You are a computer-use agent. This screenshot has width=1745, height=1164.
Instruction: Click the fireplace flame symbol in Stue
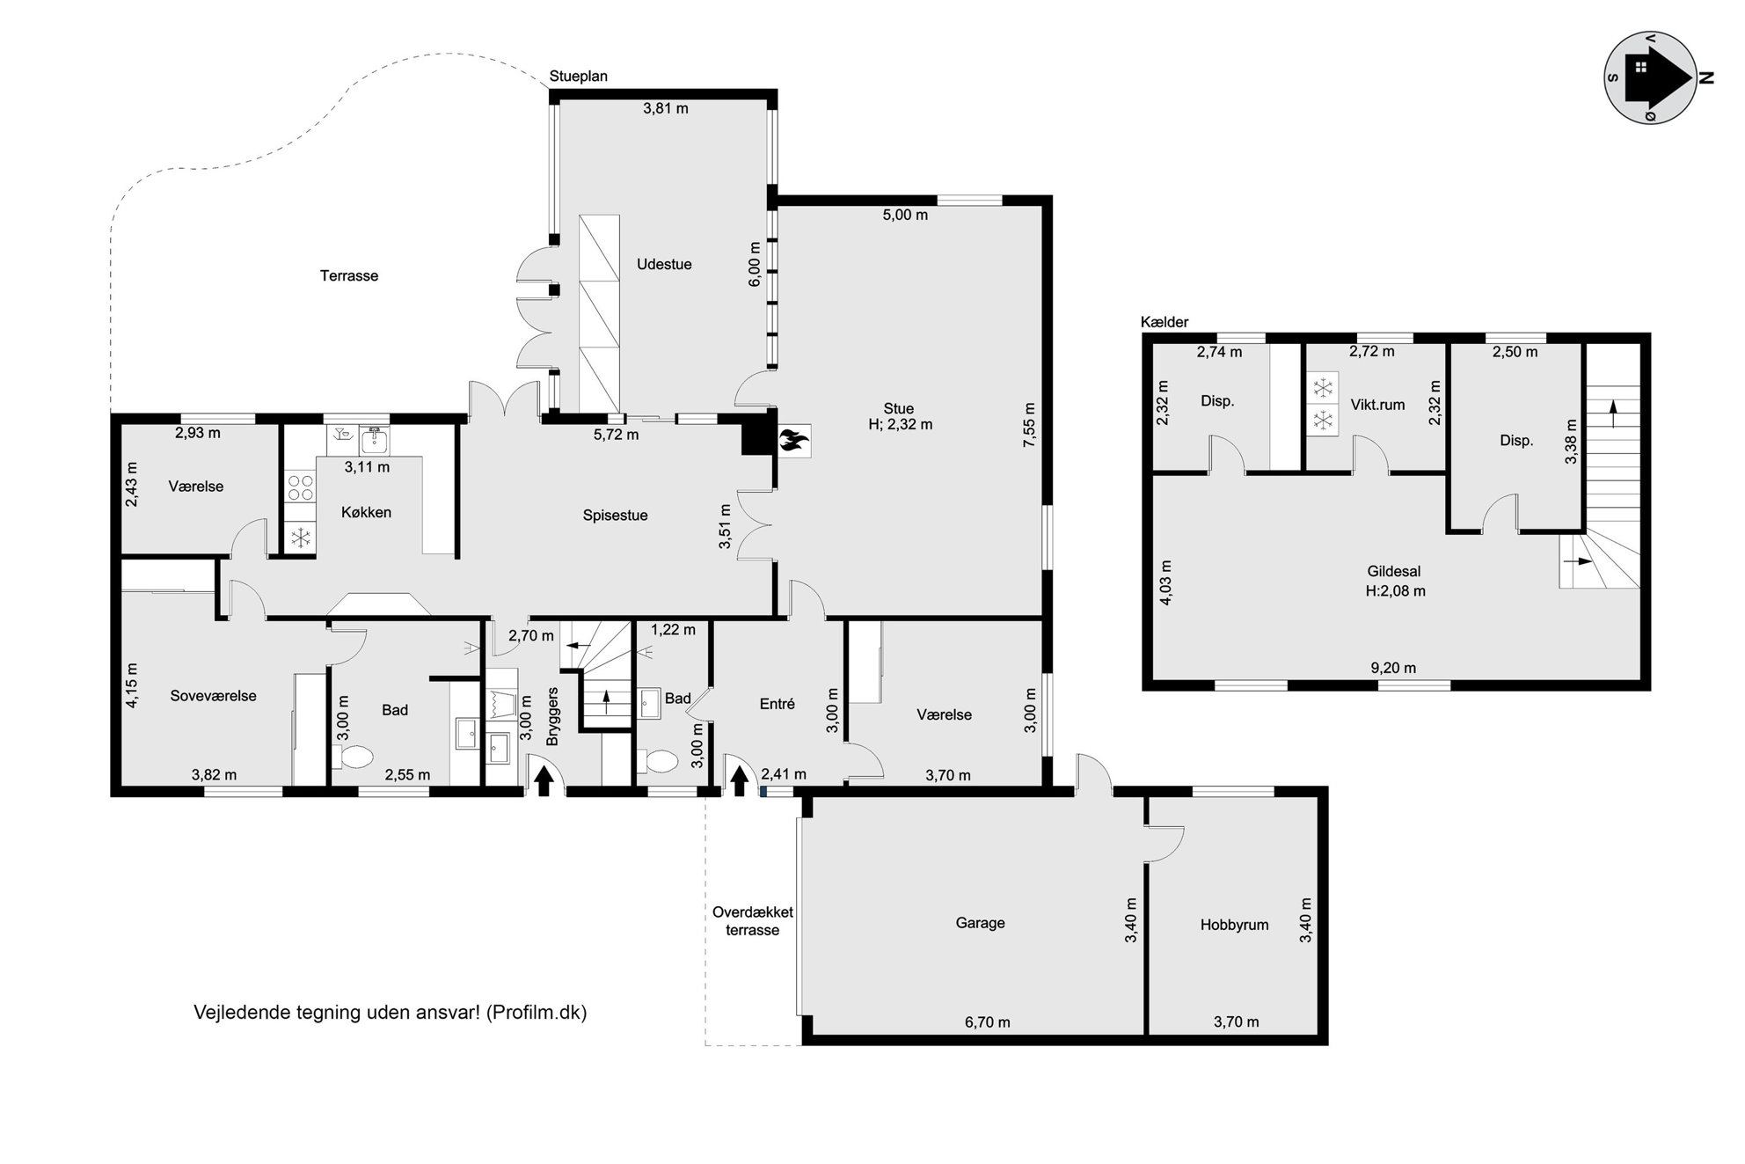793,440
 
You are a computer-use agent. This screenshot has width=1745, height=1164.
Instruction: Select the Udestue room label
664,264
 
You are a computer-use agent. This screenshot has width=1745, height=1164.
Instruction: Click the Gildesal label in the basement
1394,572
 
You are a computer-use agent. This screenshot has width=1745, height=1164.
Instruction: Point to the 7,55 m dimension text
1029,425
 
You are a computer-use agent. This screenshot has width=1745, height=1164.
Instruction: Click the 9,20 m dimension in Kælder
1393,668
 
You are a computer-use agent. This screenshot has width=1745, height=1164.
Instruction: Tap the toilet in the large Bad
353,757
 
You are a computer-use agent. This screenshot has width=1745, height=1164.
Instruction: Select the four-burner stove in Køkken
301,487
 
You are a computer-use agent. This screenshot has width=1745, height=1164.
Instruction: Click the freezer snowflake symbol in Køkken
301,537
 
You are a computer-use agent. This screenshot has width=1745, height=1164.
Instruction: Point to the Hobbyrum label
1234,925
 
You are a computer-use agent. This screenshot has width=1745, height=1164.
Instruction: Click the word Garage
980,923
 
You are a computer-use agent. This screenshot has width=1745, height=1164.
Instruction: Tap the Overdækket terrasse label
753,921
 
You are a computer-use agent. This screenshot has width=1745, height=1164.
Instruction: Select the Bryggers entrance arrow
544,780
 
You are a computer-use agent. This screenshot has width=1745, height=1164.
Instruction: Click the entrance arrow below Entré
740,780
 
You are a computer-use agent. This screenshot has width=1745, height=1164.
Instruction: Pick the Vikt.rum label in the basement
1377,405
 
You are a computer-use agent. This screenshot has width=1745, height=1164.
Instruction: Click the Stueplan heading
579,77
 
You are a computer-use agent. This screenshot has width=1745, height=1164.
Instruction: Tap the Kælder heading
1165,322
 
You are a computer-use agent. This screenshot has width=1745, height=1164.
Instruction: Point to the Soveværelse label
213,696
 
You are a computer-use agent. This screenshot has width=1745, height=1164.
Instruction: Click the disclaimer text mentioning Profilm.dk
391,1013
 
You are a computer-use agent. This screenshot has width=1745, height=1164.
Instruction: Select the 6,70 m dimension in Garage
987,1022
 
